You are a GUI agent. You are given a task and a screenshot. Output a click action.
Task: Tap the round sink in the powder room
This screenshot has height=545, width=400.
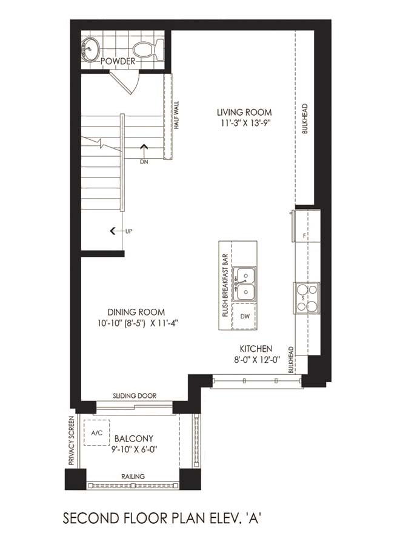coord(90,49)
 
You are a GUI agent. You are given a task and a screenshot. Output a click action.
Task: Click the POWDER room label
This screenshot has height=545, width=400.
coord(118,62)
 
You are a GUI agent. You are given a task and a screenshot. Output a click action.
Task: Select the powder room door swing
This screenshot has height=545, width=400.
coord(126,82)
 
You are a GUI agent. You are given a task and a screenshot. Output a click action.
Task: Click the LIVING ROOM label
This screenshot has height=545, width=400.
coord(244,113)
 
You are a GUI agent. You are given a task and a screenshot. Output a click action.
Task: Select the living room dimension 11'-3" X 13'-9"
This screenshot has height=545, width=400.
coord(245,123)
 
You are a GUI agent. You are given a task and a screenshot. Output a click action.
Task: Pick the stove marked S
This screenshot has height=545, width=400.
coord(307,298)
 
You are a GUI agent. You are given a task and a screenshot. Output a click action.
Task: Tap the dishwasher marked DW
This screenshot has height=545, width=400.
coord(245,316)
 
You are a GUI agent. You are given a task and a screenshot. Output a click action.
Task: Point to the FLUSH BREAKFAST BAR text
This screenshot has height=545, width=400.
coord(225,285)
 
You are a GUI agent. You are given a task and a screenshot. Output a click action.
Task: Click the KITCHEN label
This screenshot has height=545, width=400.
coord(256,349)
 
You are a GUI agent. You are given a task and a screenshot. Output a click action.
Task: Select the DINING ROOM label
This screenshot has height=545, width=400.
coord(136,312)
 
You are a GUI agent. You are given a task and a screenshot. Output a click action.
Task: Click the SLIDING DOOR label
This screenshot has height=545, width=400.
coord(135,395)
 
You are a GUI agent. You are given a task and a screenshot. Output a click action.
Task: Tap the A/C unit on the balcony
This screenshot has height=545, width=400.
coord(97,433)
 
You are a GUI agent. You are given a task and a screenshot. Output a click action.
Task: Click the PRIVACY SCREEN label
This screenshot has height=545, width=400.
coord(72,441)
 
